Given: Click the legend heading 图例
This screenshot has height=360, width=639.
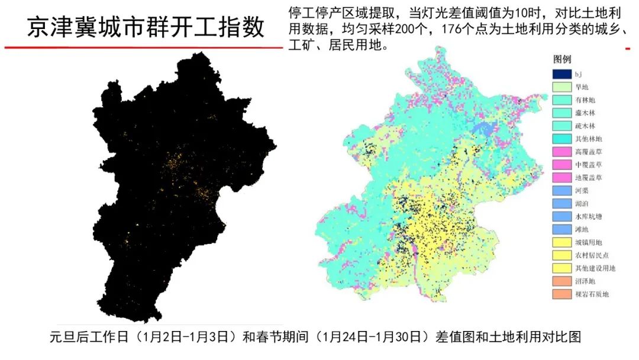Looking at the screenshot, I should pos(561,60).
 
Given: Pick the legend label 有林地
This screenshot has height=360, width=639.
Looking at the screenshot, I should pos(585,100).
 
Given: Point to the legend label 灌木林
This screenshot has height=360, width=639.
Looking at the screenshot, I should pos(585,113).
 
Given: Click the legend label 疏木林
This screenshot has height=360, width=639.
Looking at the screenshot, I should pos(585,126).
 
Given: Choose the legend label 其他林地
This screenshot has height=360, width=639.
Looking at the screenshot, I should pos(588,139).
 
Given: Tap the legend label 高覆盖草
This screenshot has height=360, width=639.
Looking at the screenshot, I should pos(588,152).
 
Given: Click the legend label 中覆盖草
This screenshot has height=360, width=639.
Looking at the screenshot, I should pos(588,165).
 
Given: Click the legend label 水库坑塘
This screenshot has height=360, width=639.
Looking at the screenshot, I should pos(588,217).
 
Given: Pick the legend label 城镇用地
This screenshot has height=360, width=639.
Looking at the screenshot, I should pos(588,242).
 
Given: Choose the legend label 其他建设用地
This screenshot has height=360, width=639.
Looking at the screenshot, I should pos(595,268).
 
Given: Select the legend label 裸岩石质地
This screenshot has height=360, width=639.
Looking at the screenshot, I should pos(592,294).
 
